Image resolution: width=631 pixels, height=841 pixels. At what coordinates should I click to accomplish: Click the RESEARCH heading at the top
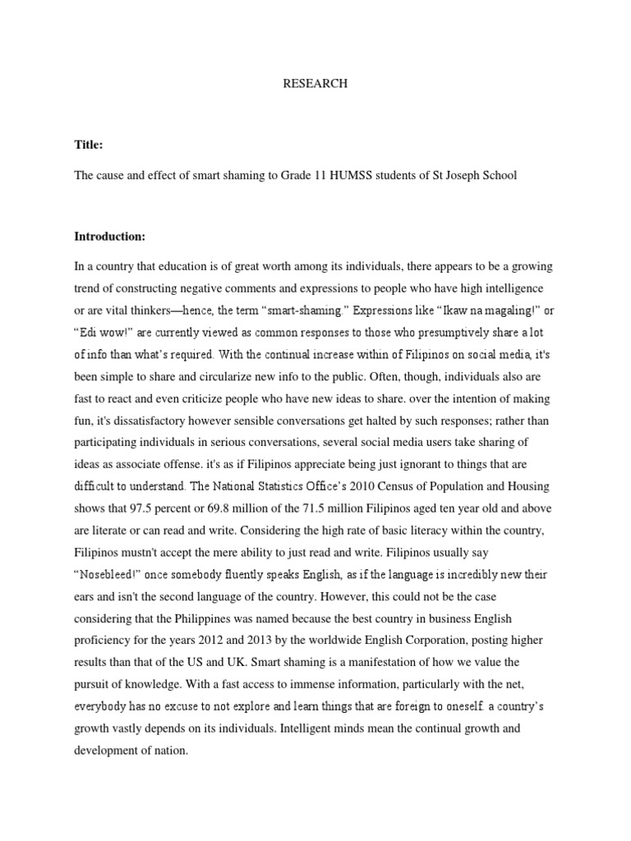(x=315, y=84)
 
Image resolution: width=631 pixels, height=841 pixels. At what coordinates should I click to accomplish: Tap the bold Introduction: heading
(x=109, y=237)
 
